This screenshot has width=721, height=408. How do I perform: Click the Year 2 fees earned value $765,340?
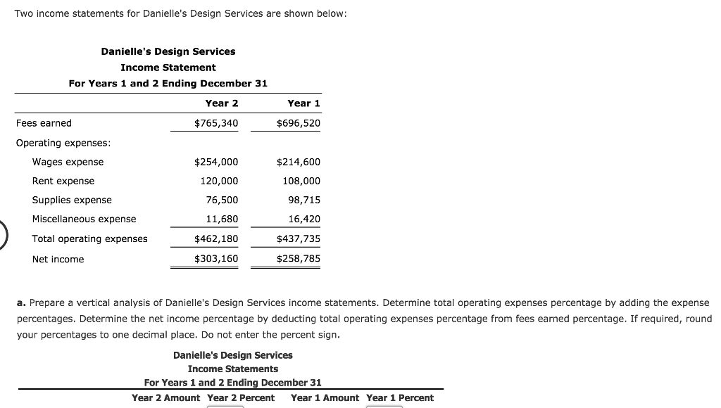tap(216, 123)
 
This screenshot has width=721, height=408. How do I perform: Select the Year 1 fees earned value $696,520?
tap(299, 123)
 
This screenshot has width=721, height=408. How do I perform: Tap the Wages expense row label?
tap(68, 162)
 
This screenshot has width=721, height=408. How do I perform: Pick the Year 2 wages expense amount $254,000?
tap(216, 162)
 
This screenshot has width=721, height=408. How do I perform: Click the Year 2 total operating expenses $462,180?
tap(216, 238)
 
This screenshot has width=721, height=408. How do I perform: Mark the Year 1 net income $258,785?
tap(299, 259)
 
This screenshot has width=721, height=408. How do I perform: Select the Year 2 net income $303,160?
tap(216, 259)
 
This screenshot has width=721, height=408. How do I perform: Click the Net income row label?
tap(58, 259)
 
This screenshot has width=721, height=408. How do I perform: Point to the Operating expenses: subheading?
tap(63, 143)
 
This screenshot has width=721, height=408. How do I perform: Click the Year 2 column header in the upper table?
tap(222, 103)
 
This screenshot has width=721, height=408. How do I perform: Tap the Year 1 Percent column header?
tap(400, 397)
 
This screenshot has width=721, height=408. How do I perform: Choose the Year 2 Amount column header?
tap(165, 397)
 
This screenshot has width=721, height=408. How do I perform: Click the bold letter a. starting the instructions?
tap(21, 302)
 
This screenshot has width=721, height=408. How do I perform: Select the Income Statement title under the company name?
tap(168, 68)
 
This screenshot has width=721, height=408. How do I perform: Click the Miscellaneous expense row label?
tap(84, 219)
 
